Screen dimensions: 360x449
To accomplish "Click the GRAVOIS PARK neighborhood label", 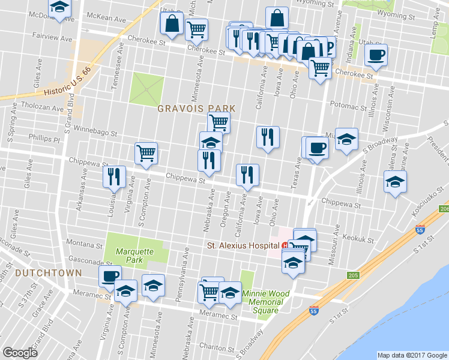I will pyautogui.click(x=196, y=109).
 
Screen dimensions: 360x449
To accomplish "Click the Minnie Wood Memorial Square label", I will pyautogui.click(x=265, y=302).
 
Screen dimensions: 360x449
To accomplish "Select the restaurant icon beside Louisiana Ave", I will pyautogui.click(x=113, y=176).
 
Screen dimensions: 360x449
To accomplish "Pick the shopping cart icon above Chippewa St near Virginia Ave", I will pyautogui.click(x=146, y=153).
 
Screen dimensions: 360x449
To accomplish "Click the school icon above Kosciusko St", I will pyautogui.click(x=396, y=181).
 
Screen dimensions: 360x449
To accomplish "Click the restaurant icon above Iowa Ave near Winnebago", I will pyautogui.click(x=267, y=137).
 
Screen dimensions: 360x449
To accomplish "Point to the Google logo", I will pyautogui.click(x=20, y=352).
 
